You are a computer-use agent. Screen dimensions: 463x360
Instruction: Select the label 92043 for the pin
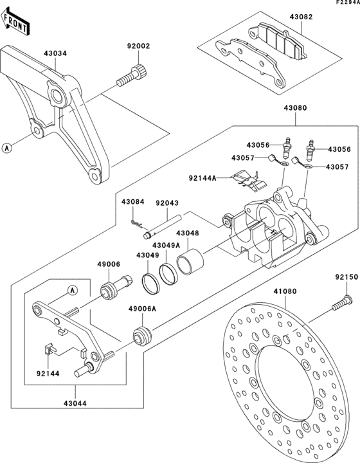tap(166, 201)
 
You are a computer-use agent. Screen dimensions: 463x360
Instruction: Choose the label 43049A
tap(147, 245)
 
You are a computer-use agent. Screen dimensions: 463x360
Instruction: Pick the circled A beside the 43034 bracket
tap(7, 148)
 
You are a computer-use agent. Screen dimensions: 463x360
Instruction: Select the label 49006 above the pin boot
tap(108, 264)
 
